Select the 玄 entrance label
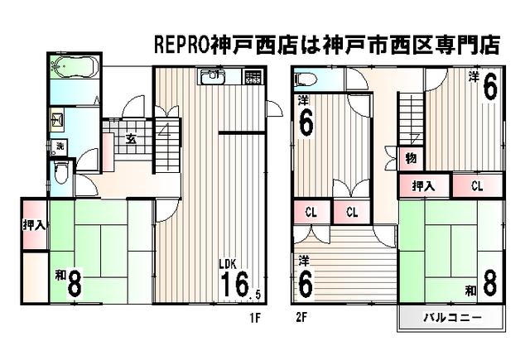pyautogui.click(x=131, y=138)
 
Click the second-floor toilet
pyautogui.click(x=305, y=79)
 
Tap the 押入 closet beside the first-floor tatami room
pyautogui.click(x=34, y=223)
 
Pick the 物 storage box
pyautogui.click(x=410, y=157)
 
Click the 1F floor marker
pyautogui.click(x=256, y=316)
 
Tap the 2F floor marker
pyautogui.click(x=303, y=316)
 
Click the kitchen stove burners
pyautogui.click(x=252, y=78)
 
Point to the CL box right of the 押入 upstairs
pyautogui.click(x=477, y=185)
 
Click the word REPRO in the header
pyautogui.click(x=183, y=45)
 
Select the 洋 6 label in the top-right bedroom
pyautogui.click(x=484, y=85)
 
